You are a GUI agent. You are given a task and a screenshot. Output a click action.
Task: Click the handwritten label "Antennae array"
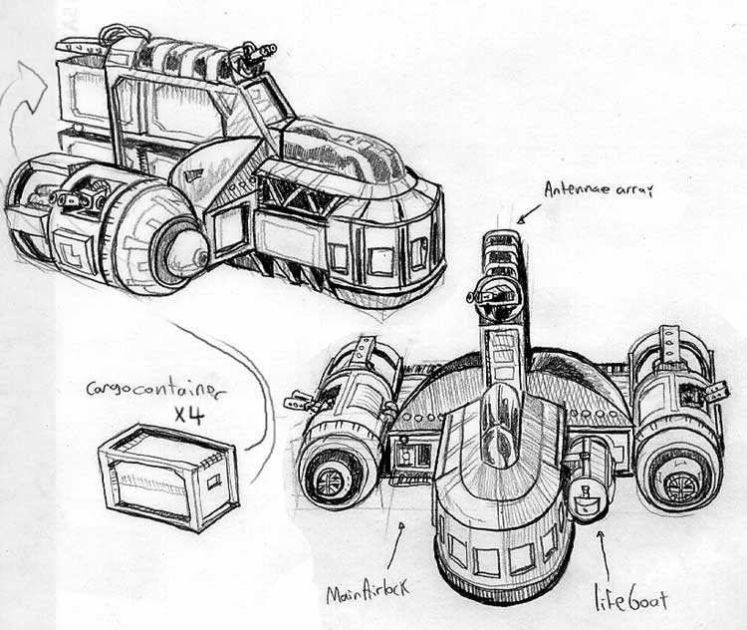tap(599, 189)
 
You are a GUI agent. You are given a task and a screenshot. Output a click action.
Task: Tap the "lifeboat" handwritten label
tap(631, 600)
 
